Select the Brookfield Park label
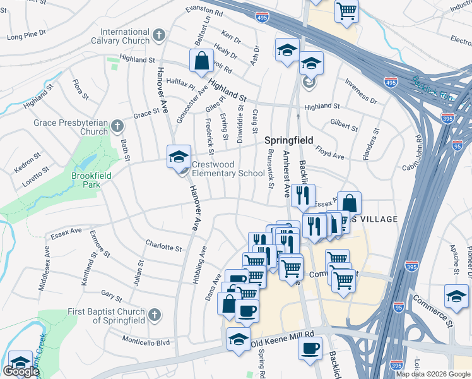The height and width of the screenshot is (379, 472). pos(86,180)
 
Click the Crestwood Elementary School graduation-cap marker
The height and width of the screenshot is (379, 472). pos(178,157)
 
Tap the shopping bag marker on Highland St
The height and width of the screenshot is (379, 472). pos(201,62)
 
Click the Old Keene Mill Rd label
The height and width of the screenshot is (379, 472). pos(282,339)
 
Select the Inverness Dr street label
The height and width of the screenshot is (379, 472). pos(360,93)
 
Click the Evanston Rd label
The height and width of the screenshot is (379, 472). pos(204,11)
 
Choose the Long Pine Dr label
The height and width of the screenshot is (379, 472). pos(25,37)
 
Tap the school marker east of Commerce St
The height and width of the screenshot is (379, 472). pos(456,296)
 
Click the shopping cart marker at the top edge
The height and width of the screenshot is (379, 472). pos(346,11)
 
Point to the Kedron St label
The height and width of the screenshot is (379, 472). pos(27,158)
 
